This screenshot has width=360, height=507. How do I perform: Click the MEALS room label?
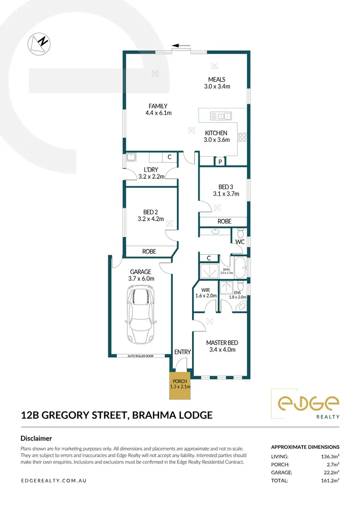[x=216, y=80]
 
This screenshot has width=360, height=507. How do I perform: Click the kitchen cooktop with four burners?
[x=243, y=137]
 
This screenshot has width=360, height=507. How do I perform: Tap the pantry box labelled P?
[x=220, y=162]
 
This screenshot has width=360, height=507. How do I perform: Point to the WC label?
[x=240, y=242]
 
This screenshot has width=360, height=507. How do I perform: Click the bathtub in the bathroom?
[x=239, y=268]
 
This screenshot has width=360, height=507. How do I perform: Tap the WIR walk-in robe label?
[x=206, y=289]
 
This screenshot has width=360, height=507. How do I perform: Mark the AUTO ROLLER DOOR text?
[x=141, y=356]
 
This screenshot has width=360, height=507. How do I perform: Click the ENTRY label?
[x=182, y=352]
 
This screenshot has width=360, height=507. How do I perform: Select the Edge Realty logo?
[x=305, y=404]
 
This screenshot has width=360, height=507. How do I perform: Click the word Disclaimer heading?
[x=36, y=438]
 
